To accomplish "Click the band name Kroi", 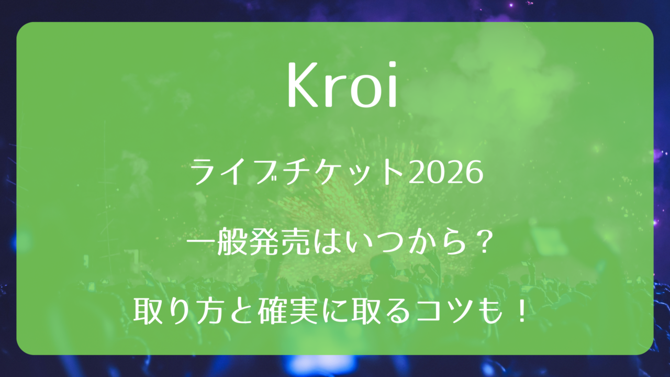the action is [x=342, y=84].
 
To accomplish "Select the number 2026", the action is [x=445, y=173].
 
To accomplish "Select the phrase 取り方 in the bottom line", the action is [x=179, y=312].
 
